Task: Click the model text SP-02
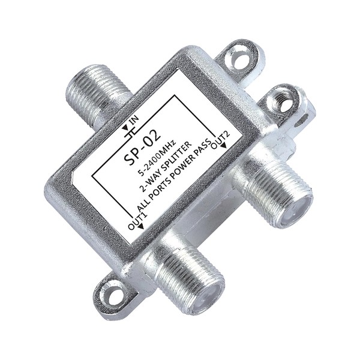point(142,148)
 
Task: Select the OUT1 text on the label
point(137,218)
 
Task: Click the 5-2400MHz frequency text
point(158,158)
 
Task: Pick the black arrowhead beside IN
point(126,128)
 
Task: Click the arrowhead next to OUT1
point(140,227)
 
